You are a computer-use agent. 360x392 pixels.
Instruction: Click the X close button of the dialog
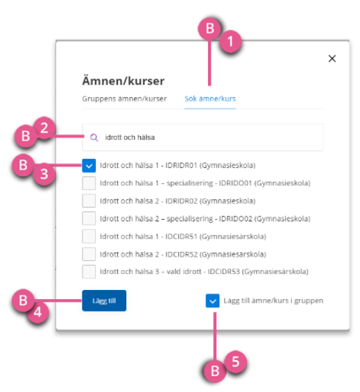[x=332, y=58]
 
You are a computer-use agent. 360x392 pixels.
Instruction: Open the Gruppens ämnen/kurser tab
[x=124, y=99]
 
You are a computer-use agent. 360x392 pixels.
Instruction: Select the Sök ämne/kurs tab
[x=210, y=99]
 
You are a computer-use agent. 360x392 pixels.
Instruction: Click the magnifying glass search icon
[x=94, y=137]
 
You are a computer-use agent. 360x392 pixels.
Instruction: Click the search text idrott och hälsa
[x=130, y=137]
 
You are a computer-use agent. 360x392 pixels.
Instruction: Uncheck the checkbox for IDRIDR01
[x=89, y=166]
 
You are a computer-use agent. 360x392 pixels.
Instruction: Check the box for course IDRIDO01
[x=89, y=183]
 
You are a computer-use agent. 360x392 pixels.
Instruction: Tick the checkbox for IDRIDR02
[x=89, y=201]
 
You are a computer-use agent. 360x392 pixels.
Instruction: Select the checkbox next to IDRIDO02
[x=89, y=219]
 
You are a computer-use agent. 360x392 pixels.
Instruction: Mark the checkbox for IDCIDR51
[x=89, y=237]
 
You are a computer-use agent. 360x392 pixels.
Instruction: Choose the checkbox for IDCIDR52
[x=89, y=254]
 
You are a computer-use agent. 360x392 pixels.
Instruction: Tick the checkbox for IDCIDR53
[x=89, y=271]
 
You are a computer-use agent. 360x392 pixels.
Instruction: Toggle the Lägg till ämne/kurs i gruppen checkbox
[x=212, y=300]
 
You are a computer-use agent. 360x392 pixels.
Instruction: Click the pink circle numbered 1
[x=230, y=41]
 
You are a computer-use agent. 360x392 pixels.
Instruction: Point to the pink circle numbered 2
[x=44, y=128]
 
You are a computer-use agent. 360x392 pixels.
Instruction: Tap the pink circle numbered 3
[x=44, y=174]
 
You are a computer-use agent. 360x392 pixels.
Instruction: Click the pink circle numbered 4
[x=37, y=312]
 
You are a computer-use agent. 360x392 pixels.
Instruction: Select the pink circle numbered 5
[x=236, y=361]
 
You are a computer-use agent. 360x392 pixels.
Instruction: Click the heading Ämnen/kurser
[x=123, y=80]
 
